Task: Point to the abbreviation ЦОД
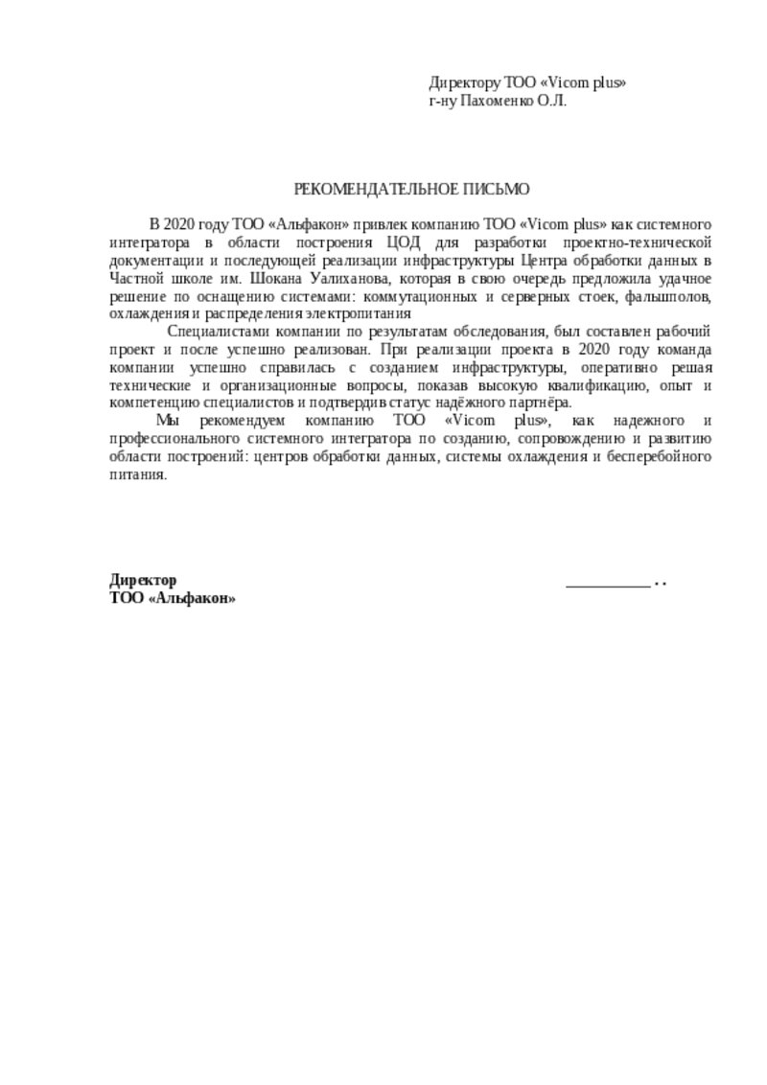pyautogui.click(x=402, y=243)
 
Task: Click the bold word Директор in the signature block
pyautogui.click(x=144, y=581)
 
